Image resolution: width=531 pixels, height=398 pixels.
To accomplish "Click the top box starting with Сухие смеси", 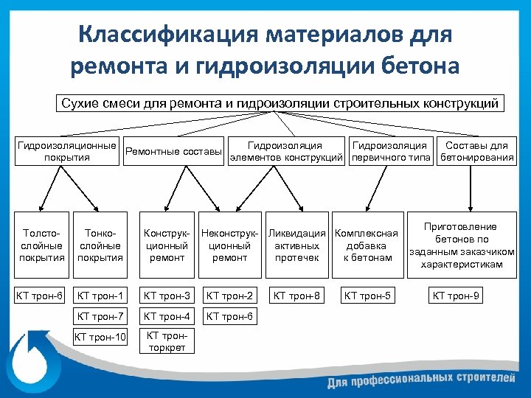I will tap(280, 102).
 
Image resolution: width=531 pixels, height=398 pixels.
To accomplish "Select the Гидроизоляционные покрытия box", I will tap(67, 151).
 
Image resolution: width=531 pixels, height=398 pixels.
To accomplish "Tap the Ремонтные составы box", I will tap(174, 152).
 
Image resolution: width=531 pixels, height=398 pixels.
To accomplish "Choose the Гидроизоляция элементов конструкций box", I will tap(285, 152).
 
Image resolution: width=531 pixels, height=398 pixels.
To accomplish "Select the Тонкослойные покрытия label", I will tap(100, 245).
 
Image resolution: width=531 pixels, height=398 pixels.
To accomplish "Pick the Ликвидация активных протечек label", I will tap(296, 245).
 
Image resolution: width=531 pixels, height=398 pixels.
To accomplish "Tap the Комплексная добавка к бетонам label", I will tap(367, 245).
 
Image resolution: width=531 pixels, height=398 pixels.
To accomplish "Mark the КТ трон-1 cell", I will tap(100, 296).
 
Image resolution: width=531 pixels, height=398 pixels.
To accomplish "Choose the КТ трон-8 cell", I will tap(296, 296).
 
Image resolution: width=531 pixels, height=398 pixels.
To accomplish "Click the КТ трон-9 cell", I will tap(456, 296).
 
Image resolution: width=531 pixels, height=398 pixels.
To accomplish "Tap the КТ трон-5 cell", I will tap(367, 296).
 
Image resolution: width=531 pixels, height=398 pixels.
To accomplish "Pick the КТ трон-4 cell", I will tap(167, 317).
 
